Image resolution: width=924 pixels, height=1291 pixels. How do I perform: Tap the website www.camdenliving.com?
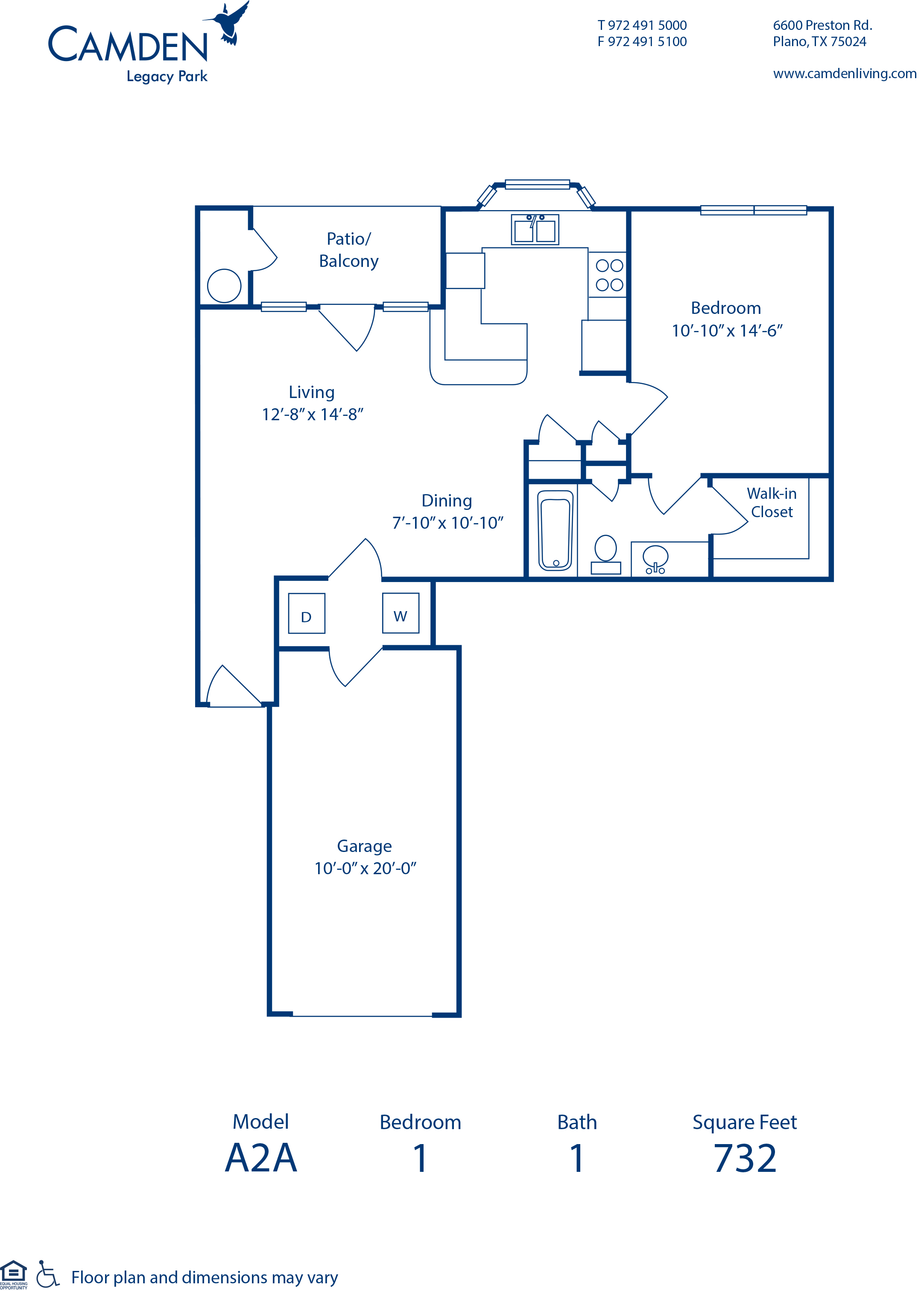(x=844, y=73)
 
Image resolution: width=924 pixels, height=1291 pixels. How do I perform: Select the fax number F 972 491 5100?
(x=642, y=41)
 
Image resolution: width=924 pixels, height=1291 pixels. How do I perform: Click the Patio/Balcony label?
(x=349, y=250)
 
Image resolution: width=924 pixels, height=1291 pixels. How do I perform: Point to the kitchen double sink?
(x=535, y=229)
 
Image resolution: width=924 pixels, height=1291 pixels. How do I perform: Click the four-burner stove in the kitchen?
(x=609, y=275)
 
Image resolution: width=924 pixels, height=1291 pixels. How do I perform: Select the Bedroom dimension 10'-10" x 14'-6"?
(x=727, y=331)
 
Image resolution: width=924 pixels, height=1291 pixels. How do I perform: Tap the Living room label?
(x=311, y=392)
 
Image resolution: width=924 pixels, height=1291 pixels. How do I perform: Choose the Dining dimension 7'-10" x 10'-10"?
(x=448, y=523)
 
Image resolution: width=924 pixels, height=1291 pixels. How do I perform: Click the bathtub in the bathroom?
(x=556, y=530)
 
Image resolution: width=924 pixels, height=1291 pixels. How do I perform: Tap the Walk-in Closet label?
(x=772, y=502)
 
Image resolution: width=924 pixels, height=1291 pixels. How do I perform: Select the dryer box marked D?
(x=307, y=613)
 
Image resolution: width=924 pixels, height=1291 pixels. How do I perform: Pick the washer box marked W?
(x=401, y=613)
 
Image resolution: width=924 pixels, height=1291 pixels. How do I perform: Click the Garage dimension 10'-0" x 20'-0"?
(x=365, y=868)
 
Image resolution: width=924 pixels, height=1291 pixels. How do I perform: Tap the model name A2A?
(x=261, y=1158)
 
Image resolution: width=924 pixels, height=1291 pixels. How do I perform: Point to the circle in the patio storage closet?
(x=224, y=286)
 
